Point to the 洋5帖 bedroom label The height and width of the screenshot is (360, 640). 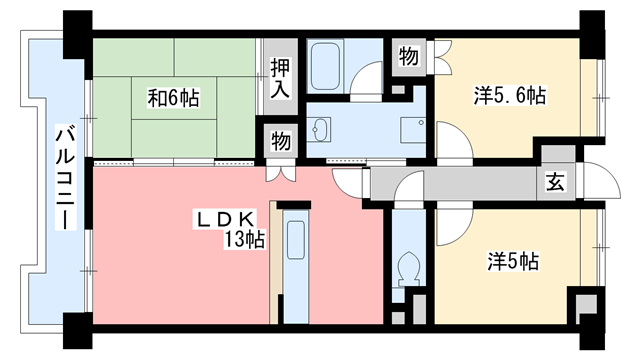[x=513, y=261]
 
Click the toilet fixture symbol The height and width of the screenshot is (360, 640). [x=407, y=268]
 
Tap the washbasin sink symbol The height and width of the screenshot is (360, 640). [x=320, y=130]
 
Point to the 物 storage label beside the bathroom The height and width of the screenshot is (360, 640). [x=409, y=56]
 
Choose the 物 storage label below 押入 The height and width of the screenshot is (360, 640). [x=280, y=141]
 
